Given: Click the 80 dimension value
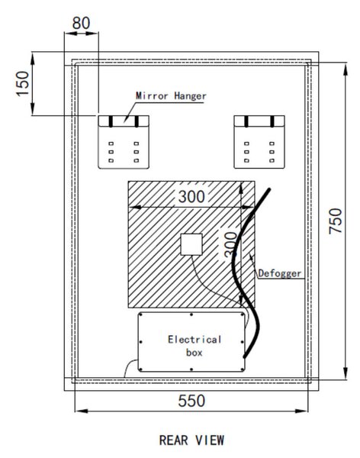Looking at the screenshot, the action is coord(81,23).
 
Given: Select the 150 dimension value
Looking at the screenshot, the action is coord(23,83).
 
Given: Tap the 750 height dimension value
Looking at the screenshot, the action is coord(336,221).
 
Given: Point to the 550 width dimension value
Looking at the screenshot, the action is coord(191,401).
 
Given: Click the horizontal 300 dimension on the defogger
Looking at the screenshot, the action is coord(191,197).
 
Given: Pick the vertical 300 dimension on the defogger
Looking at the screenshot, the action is coord(230,244).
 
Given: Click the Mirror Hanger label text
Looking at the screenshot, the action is coord(171,96).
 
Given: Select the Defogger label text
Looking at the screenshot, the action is coord(280,274).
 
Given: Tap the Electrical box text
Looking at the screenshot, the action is coord(194,346).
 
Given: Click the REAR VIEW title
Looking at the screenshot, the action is coord(192,440).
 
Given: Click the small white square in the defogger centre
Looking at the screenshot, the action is coord(191,244).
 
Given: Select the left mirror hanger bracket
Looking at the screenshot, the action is coord(124,142).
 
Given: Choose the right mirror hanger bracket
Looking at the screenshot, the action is coord(259,142).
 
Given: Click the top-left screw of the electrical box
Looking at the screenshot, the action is coord(141,314).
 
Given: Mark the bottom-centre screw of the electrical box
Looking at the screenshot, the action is coord(191,369).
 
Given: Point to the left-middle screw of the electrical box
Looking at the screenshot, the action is coord(141,342).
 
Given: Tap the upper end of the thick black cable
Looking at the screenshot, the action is coord(269,190).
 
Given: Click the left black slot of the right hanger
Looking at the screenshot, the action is coord(246,121).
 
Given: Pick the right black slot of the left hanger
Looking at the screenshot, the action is coord(137,121).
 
